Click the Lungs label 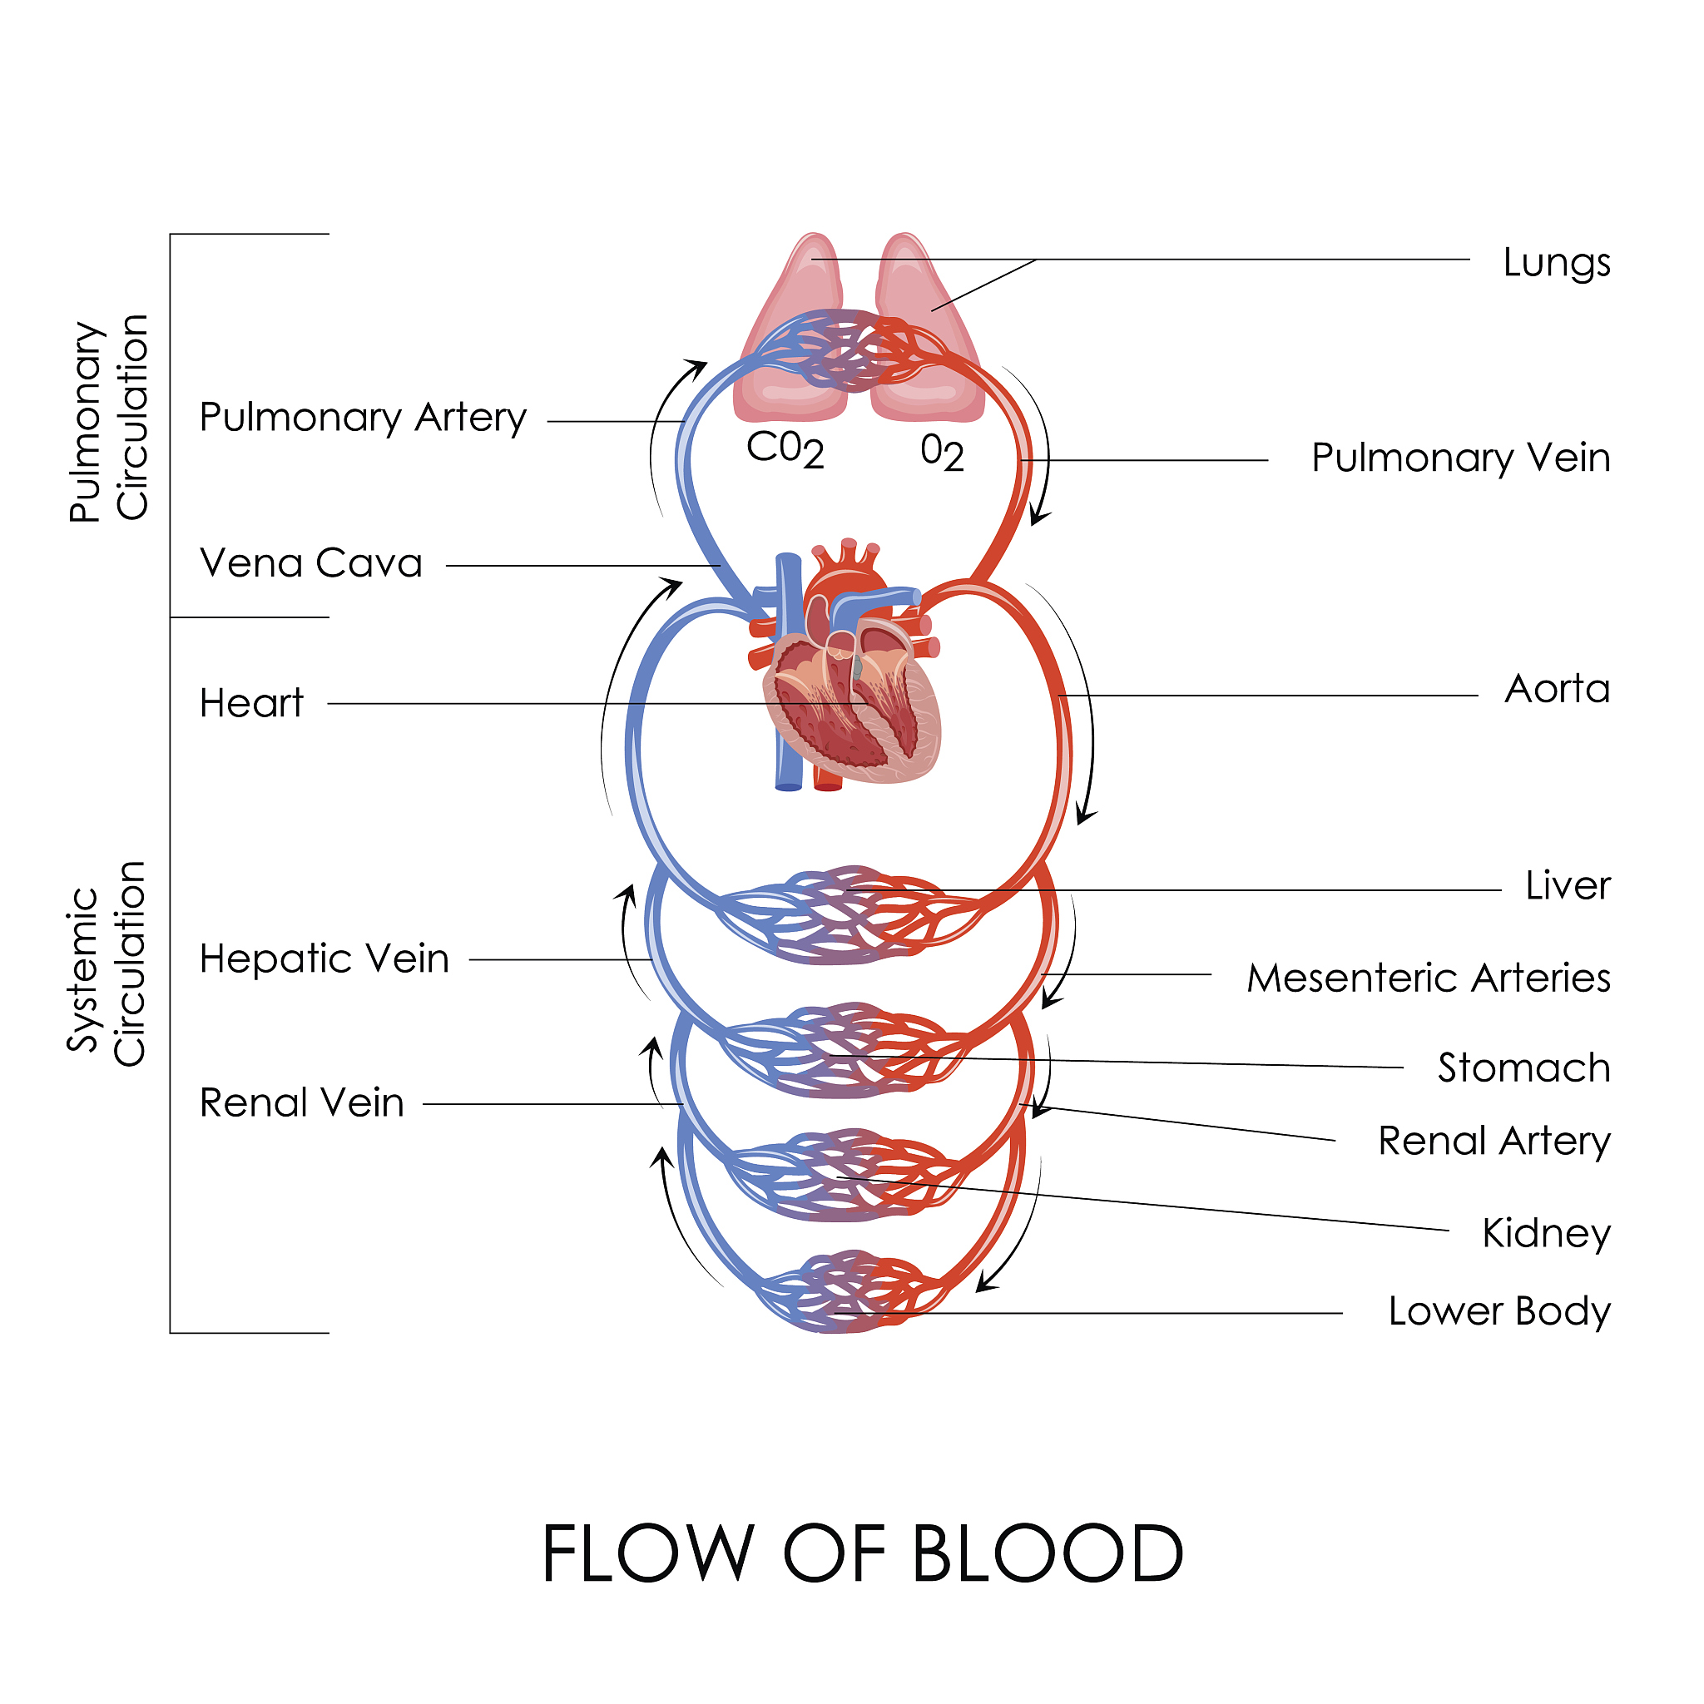(x=1556, y=263)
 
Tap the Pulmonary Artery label (x=363, y=417)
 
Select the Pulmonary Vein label (x=1459, y=458)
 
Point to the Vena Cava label (x=310, y=562)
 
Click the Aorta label (x=1557, y=689)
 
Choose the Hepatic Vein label (x=324, y=958)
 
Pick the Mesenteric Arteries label (x=1428, y=978)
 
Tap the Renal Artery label (x=1493, y=1142)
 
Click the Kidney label (x=1546, y=1233)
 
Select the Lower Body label (x=1498, y=1311)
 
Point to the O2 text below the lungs (x=941, y=452)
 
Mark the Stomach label (x=1523, y=1067)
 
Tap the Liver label (x=1568, y=885)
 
